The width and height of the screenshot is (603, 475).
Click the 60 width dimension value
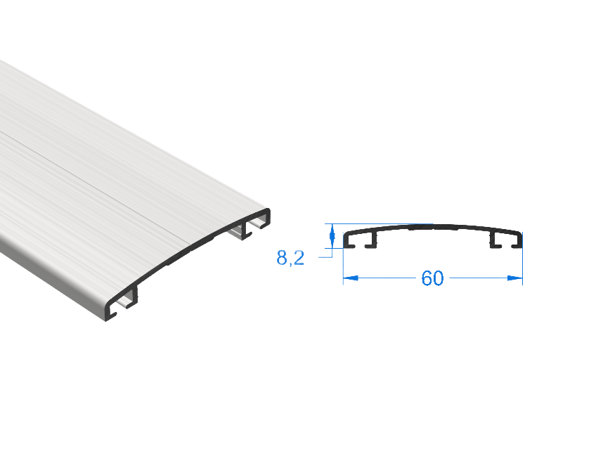click(x=432, y=278)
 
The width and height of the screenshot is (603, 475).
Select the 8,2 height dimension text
click(x=290, y=258)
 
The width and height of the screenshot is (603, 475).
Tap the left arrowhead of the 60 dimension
click(x=351, y=278)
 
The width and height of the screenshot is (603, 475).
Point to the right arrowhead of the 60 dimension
click(x=515, y=278)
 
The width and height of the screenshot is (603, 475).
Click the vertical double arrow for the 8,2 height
click(x=332, y=236)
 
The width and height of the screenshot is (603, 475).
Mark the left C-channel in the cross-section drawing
click(x=360, y=240)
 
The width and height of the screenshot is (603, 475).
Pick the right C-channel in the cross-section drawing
click(x=506, y=240)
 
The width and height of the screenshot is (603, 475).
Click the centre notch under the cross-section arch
click(x=433, y=228)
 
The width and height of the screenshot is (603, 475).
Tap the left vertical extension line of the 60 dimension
click(x=344, y=266)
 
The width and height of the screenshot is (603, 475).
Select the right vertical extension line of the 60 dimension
click(x=522, y=266)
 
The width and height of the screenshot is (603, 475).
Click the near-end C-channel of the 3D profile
click(x=122, y=303)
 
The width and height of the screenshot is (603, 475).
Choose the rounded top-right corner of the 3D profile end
click(x=267, y=212)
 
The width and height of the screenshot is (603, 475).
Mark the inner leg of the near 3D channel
click(x=135, y=296)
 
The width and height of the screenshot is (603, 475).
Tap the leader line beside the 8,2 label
click(x=325, y=256)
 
